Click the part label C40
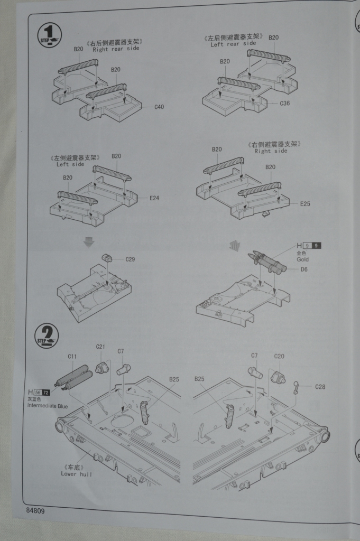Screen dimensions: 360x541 click(159, 107)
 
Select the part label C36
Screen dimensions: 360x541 click(285, 103)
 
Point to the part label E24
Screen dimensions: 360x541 click(154, 198)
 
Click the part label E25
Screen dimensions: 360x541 click(306, 203)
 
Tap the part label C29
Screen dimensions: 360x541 click(130, 259)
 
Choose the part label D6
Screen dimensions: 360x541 click(304, 270)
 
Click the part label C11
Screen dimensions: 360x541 click(72, 357)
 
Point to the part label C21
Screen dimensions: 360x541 click(100, 347)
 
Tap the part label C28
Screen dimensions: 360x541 click(320, 387)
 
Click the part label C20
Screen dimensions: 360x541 click(279, 356)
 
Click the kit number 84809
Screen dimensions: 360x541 click(34, 511)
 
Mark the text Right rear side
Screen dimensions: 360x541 click(116, 50)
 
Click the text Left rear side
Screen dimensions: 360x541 click(233, 44)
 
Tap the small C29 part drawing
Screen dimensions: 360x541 click(107, 258)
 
